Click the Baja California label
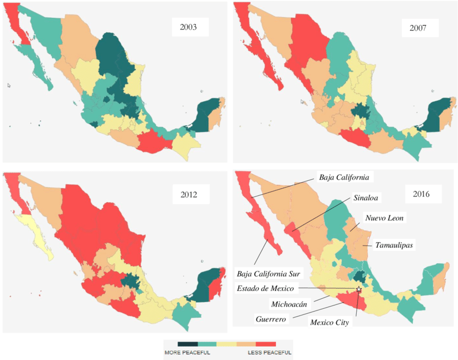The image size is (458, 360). pos(344,177)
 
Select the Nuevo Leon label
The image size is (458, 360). pos(383,218)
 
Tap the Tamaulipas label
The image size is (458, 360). pos(394,245)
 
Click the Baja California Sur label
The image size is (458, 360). pos(269,274)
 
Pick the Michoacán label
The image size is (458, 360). pos(289,304)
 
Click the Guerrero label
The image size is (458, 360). pos(271,319)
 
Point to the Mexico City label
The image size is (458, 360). pos(330,322)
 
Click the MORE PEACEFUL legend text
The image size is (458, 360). pos(187,353)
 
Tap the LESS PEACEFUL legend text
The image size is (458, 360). pos(269,353)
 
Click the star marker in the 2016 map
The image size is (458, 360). pos(359,289)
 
